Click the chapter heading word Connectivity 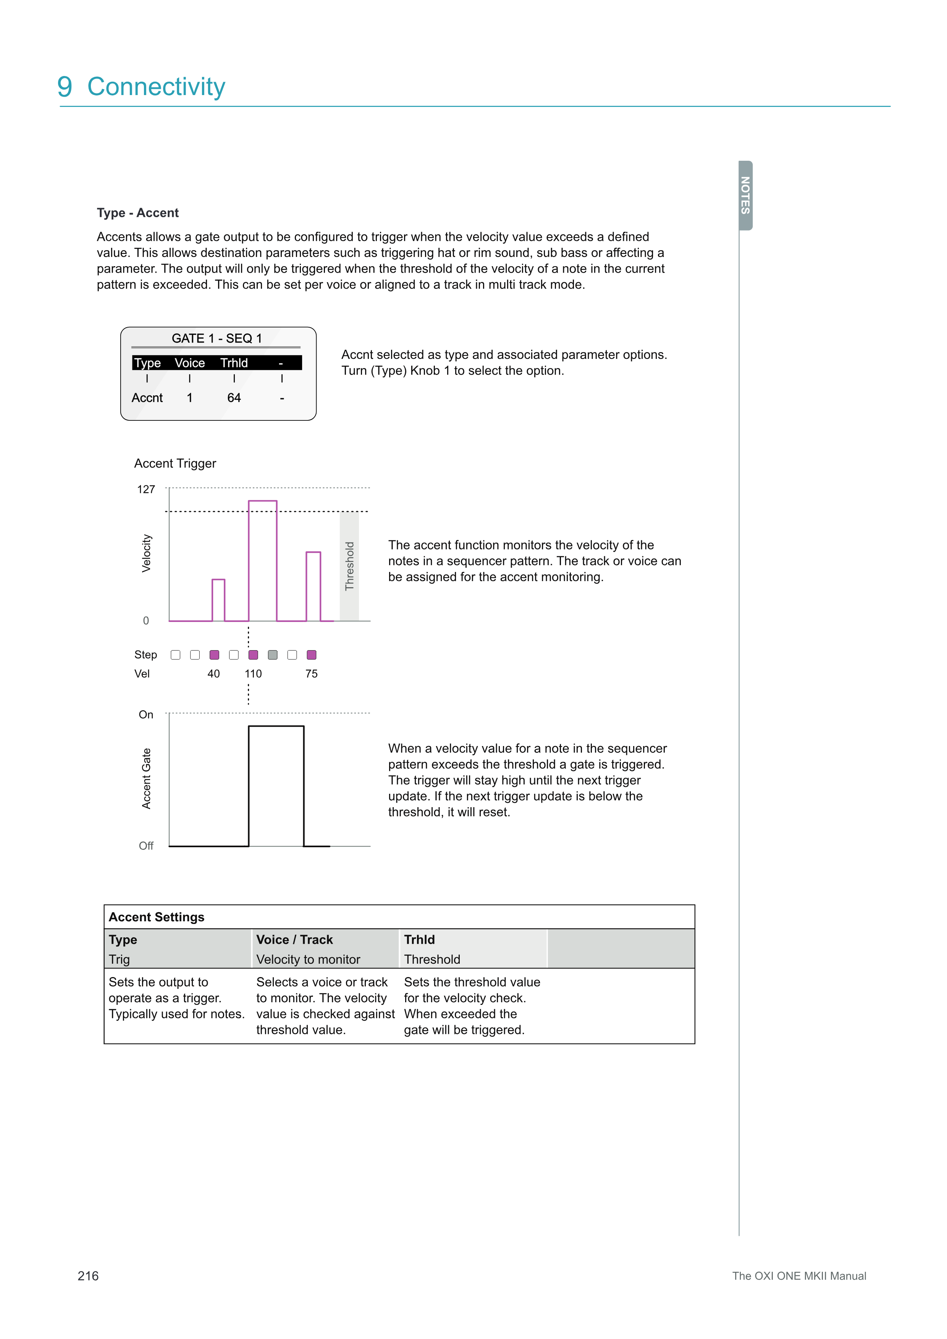pos(156,87)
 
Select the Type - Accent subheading pos(137,213)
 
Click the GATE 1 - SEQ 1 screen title pos(217,338)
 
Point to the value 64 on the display pos(234,398)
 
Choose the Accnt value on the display pos(147,398)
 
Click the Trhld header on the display pos(234,363)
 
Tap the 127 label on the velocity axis pos(146,489)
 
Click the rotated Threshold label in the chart pos(349,566)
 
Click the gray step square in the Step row pos(272,655)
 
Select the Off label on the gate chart pos(146,846)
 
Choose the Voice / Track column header pos(294,940)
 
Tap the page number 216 pos(88,1276)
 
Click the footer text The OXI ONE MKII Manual pos(799,1276)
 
